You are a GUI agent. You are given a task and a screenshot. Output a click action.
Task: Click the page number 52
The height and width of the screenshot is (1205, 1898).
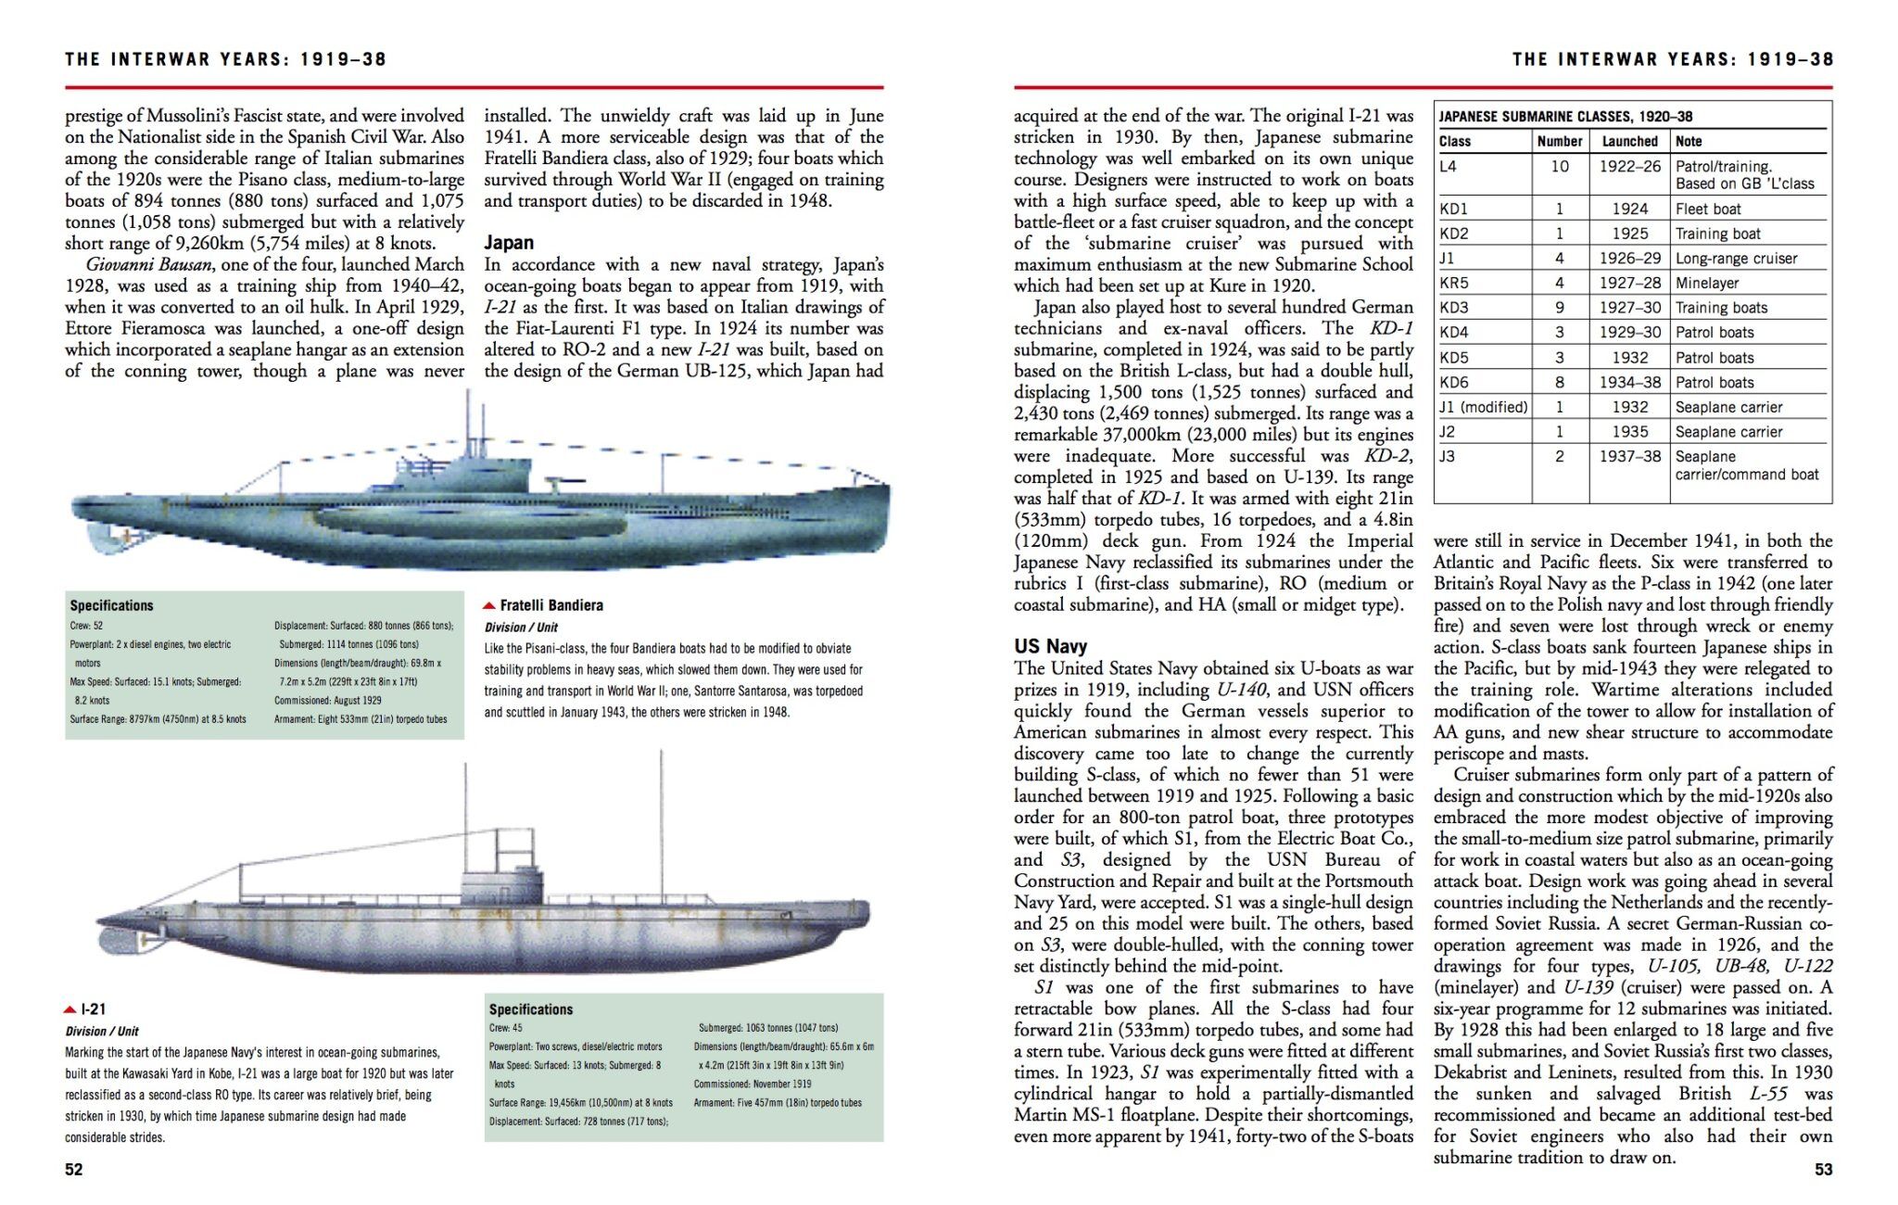(74, 1169)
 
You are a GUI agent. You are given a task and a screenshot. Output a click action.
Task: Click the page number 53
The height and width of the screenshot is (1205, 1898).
(1823, 1169)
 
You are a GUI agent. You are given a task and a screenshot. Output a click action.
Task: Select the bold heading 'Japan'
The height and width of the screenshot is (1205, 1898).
(509, 243)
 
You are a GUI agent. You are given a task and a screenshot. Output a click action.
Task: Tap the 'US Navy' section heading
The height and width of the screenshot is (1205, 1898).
(1050, 646)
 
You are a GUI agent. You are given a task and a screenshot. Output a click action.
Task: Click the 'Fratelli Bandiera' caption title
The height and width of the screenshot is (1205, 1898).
(551, 605)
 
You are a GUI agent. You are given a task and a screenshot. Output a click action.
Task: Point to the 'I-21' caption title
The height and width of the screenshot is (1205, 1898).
(93, 1009)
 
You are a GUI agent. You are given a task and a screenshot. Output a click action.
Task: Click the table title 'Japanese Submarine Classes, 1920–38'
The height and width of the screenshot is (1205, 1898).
(1565, 117)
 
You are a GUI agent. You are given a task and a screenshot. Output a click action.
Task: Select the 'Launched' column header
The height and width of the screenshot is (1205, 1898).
(1629, 141)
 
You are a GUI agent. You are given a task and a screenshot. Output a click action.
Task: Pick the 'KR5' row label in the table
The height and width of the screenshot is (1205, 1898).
(1454, 283)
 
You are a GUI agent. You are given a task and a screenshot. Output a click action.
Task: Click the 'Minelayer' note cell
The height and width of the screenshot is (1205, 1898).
(1707, 283)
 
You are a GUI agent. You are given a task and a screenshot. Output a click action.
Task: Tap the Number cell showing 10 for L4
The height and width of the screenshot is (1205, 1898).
(1560, 166)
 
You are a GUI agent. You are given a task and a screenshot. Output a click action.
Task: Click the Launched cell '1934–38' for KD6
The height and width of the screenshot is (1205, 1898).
(1630, 382)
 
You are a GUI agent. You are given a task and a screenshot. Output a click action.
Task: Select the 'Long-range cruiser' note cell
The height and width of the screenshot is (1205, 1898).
(1736, 259)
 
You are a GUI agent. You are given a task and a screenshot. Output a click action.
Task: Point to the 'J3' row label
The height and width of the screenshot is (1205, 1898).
(1448, 456)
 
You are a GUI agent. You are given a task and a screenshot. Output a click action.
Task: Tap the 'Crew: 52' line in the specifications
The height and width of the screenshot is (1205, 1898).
(86, 626)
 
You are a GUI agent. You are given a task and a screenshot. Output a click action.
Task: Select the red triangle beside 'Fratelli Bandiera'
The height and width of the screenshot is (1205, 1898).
(489, 606)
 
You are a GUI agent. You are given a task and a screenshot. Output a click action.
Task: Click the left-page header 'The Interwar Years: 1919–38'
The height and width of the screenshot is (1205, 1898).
(225, 59)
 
